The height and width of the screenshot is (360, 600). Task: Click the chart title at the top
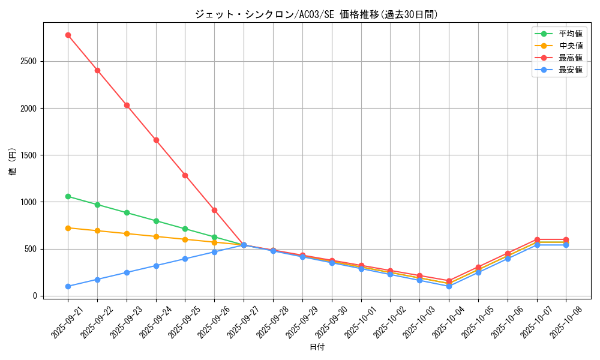coord(316,14)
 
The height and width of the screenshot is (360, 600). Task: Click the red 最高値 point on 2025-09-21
coord(68,35)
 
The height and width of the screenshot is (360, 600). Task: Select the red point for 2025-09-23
coord(127,105)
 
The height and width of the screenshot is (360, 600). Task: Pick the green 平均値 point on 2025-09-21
coord(68,196)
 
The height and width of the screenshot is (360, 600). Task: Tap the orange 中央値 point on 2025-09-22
coord(97,230)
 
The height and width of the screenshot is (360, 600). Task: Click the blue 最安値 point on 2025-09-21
coord(68,286)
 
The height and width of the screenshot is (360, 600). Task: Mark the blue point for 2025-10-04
coord(449,286)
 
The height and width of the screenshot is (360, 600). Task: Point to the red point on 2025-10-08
coord(566,239)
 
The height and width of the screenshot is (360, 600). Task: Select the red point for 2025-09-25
coord(185,175)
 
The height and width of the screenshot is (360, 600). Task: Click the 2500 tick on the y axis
coord(29,61)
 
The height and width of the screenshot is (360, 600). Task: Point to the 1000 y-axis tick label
coord(29,202)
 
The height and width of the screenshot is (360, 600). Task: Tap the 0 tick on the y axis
coord(35,296)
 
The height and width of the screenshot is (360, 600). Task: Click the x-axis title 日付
coord(316,347)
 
